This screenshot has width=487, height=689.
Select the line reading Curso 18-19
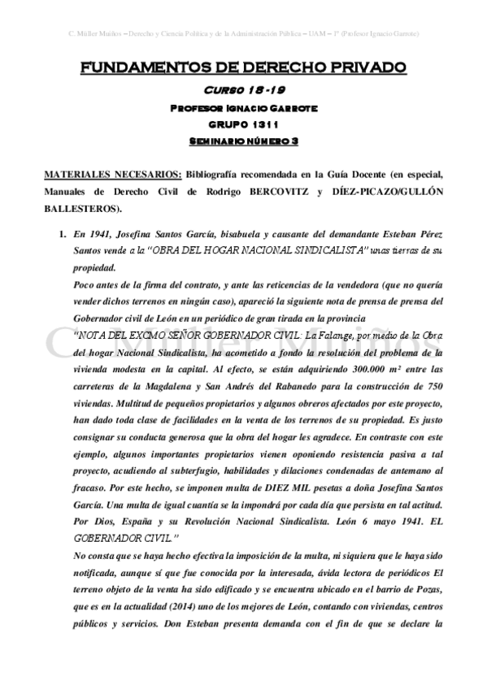tap(243, 90)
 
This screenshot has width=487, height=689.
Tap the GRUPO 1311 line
tap(243, 123)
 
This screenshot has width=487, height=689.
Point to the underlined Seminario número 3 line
tap(243, 141)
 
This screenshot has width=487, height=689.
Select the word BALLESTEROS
tap(79, 209)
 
